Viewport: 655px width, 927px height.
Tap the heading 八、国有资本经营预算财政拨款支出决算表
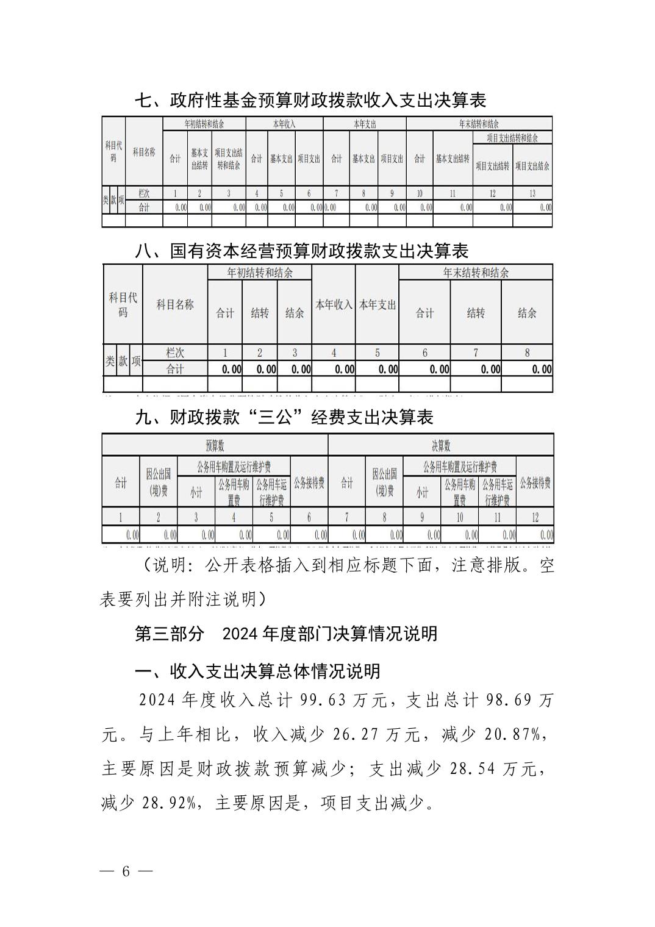point(301,251)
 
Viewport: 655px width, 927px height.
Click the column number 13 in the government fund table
point(532,193)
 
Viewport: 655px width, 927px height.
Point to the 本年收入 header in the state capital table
point(333,304)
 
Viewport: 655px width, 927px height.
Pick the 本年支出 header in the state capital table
point(377,304)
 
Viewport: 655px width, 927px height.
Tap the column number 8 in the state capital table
point(527,353)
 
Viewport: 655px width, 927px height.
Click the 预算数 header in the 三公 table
point(215,445)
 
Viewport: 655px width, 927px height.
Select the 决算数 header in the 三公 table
point(440,445)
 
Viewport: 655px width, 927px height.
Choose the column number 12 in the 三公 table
point(535,517)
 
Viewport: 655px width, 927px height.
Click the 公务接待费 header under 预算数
point(309,483)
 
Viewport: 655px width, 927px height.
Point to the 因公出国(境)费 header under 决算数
point(384,482)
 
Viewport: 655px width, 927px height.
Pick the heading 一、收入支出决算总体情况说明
point(257,671)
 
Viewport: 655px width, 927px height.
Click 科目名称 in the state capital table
point(175,304)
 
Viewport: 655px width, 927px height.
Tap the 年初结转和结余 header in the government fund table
point(204,124)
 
